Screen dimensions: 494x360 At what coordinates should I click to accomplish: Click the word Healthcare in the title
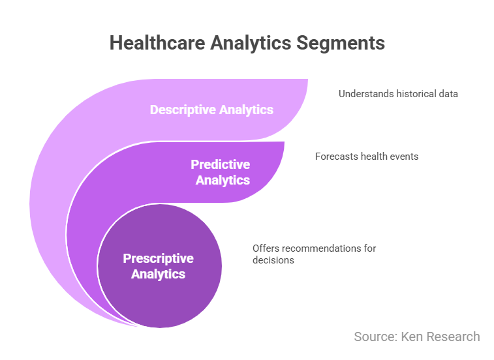157,42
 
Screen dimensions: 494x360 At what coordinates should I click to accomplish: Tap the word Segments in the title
341,44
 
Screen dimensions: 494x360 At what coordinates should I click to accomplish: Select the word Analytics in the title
251,44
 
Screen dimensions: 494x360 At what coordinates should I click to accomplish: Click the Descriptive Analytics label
211,110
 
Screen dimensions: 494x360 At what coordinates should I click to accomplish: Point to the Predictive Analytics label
221,172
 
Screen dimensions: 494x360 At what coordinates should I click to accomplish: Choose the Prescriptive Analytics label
158,266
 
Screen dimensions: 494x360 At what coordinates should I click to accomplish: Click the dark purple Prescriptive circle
160,266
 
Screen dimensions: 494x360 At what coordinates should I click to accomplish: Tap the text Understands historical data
398,94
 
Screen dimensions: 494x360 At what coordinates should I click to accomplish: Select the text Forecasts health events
367,157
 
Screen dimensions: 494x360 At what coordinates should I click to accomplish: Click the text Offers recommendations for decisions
314,254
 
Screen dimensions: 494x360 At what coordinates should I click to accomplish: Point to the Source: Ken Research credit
417,337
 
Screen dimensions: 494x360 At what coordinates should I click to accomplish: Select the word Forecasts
337,157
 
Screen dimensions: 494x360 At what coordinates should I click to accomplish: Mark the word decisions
273,260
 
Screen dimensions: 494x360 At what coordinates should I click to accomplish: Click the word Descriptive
183,110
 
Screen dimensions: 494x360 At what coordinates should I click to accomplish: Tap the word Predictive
221,164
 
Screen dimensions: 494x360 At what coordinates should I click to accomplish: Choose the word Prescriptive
158,258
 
